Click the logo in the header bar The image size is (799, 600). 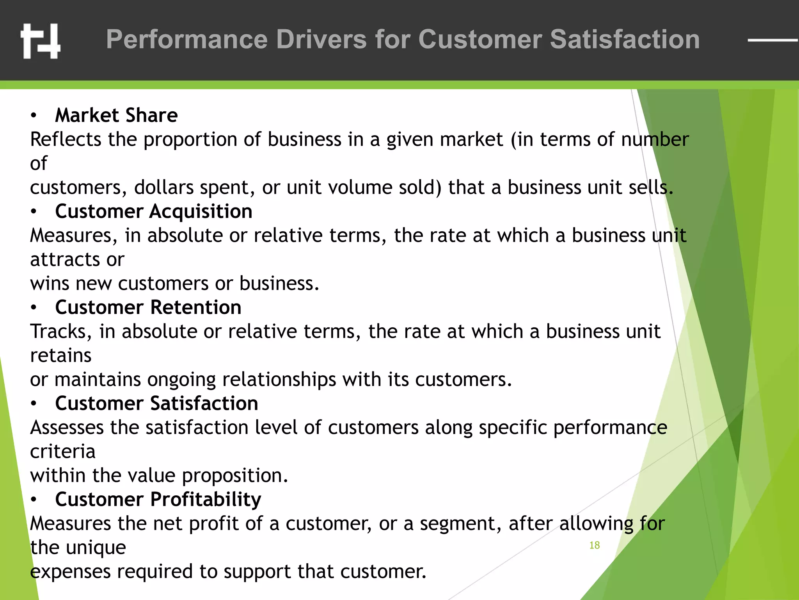[41, 41]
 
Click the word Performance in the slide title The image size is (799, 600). [187, 39]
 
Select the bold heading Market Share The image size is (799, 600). [116, 115]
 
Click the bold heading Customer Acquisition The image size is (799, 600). [154, 211]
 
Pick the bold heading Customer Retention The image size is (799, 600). [148, 307]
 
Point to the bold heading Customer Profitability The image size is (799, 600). [158, 500]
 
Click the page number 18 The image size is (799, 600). [594, 545]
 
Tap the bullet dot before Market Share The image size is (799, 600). [34, 116]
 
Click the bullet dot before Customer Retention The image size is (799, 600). [34, 308]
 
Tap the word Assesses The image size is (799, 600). [67, 428]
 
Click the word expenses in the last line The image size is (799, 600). [70, 572]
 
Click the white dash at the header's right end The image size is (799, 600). [772, 40]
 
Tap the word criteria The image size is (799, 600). [62, 452]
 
